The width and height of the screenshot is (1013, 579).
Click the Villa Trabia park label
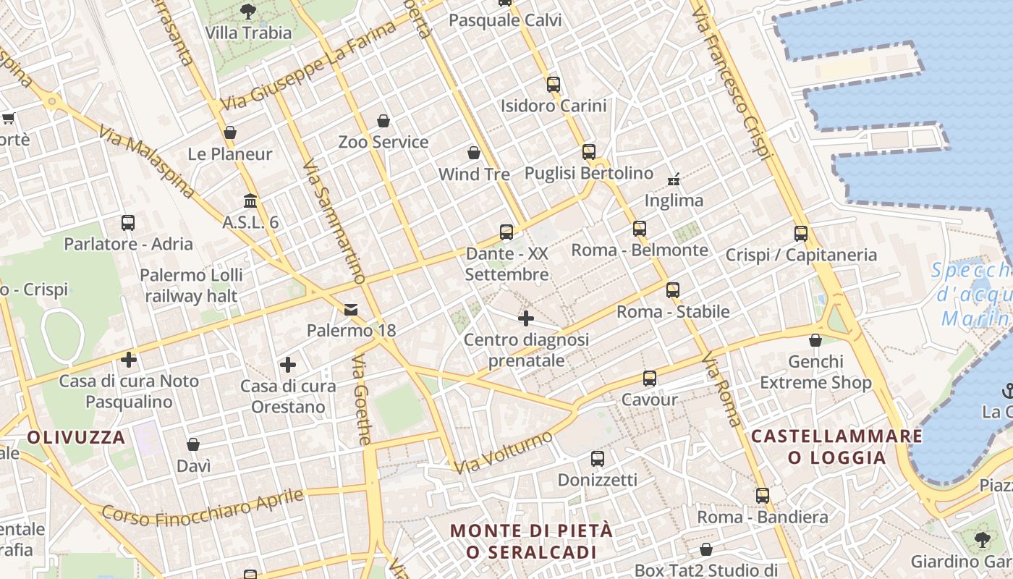point(248,33)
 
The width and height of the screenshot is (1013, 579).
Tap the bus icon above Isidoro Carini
point(554,85)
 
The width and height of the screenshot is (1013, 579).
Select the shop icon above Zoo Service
point(383,121)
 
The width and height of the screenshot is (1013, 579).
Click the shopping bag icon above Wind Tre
point(474,153)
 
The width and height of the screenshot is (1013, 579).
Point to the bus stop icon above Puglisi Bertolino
point(589,152)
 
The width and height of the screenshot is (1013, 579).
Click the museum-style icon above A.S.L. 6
point(250,200)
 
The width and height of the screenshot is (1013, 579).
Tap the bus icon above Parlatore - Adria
point(128,223)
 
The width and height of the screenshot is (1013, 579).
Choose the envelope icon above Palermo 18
point(351,310)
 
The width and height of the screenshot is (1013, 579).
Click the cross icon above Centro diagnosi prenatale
point(526,318)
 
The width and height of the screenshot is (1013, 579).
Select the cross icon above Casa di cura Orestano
point(288,365)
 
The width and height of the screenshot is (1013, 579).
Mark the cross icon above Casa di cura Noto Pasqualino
point(129,359)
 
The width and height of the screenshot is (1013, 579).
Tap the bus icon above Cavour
point(650,379)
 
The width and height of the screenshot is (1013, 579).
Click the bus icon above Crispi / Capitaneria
point(800,234)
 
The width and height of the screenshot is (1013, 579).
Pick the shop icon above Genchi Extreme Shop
point(815,340)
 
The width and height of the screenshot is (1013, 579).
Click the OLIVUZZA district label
point(77,437)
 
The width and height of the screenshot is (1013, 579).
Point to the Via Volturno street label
point(504,452)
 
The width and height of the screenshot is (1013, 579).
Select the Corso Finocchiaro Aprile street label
point(203,506)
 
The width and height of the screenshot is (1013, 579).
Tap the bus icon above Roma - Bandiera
point(763,496)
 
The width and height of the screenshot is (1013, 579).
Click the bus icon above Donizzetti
point(597,459)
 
